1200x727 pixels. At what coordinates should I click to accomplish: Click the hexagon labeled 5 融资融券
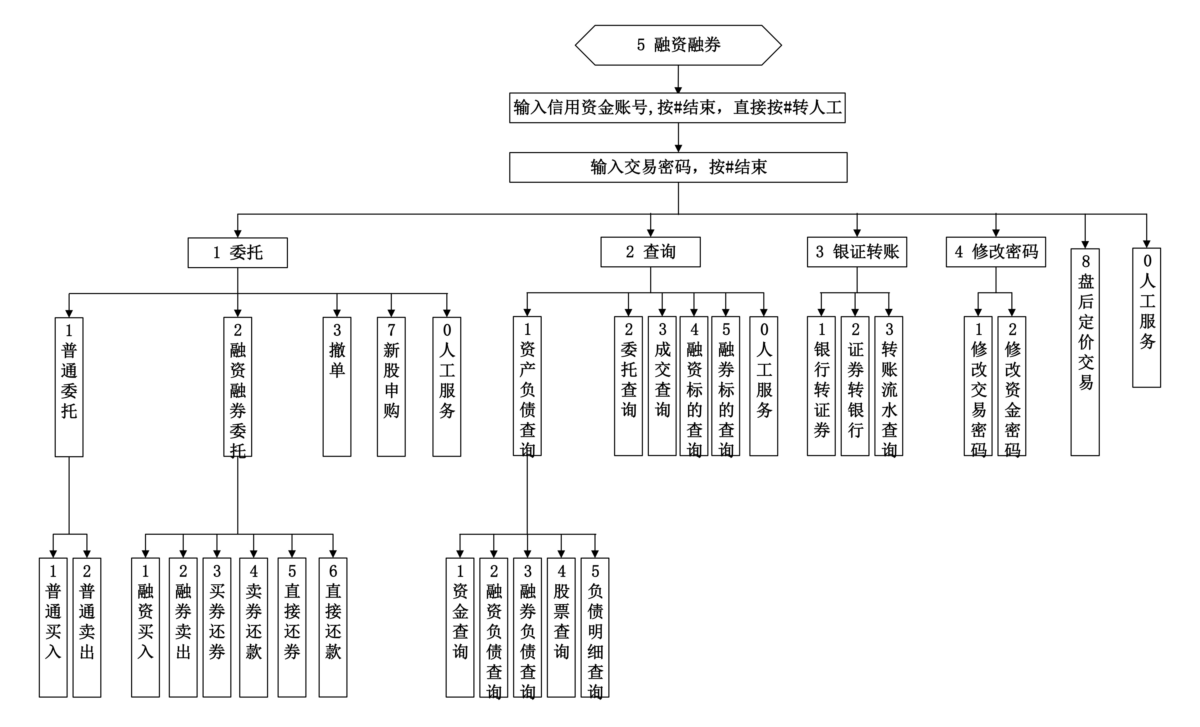point(678,45)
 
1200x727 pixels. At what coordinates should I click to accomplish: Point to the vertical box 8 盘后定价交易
point(1085,352)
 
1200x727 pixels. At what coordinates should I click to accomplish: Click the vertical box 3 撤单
point(337,387)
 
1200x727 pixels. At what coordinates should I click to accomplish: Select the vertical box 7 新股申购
point(391,387)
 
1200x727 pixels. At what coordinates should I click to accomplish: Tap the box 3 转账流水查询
point(889,386)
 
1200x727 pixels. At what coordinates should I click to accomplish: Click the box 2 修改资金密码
point(1012,386)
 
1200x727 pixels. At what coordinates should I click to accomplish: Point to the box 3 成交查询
point(662,386)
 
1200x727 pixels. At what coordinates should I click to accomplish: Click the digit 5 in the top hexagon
point(641,45)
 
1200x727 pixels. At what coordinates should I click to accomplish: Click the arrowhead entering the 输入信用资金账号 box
point(678,90)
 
